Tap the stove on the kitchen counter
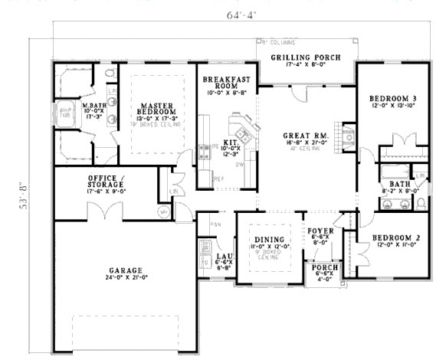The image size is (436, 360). tap(205, 151)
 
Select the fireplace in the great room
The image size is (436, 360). tap(346, 137)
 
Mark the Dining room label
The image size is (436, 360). tap(264, 243)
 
